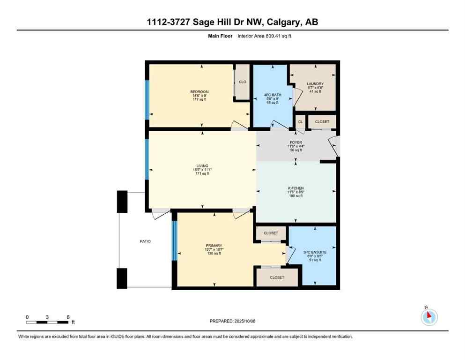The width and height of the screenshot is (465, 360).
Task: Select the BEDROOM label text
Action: click(199, 91)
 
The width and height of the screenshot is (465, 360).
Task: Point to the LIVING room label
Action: click(202, 166)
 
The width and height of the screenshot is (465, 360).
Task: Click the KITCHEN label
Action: click(295, 188)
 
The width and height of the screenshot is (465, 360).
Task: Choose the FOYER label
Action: click(295, 142)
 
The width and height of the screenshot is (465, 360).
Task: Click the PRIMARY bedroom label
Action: click(214, 245)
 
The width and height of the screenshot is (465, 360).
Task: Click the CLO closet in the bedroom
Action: click(243, 82)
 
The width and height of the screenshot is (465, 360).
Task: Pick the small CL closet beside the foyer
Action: click(300, 122)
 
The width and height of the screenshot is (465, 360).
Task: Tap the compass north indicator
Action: click(428, 317)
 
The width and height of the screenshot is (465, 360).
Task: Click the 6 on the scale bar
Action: click(68, 317)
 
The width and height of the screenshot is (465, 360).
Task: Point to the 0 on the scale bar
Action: click(27, 317)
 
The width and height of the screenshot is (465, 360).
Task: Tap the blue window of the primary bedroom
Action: click(174, 240)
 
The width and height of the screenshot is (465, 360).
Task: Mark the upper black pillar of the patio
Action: click(122, 202)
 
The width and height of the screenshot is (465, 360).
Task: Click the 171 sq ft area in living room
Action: click(202, 174)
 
